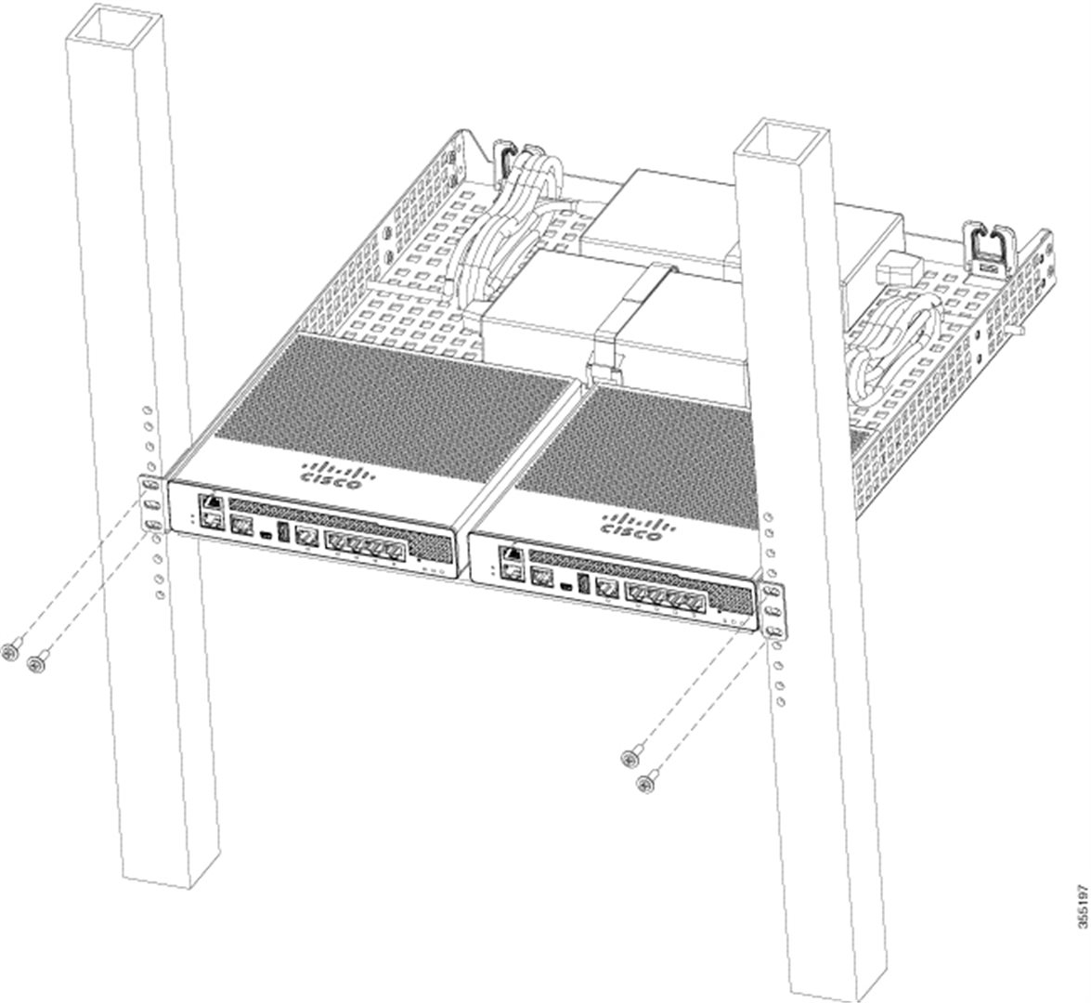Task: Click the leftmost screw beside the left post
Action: click(x=10, y=652)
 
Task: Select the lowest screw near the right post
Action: click(x=647, y=784)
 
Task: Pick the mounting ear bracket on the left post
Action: click(x=152, y=503)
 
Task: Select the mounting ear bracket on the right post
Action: click(x=773, y=611)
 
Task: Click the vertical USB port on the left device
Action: click(x=282, y=531)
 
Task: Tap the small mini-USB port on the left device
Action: click(x=266, y=535)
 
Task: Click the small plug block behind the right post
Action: click(x=898, y=268)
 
